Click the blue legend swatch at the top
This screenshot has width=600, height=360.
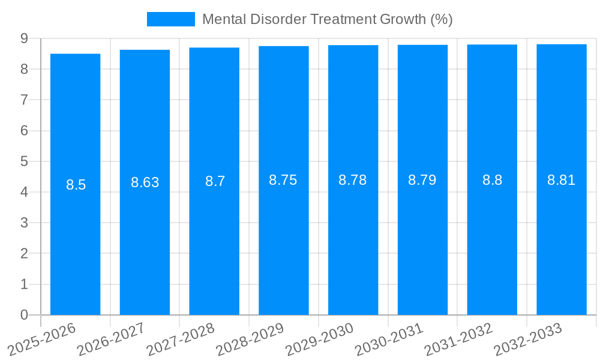click(171, 19)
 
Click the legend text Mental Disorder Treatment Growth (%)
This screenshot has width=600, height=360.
click(327, 19)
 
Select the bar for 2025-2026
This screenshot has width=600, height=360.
click(75, 240)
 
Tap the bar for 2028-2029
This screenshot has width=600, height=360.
click(284, 240)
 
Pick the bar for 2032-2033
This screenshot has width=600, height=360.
click(562, 240)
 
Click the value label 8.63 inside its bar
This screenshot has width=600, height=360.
click(145, 182)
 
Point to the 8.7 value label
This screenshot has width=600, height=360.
click(215, 181)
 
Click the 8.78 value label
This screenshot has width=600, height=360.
click(353, 180)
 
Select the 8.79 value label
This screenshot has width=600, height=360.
click(422, 180)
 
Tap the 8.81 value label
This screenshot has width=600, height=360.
click(562, 180)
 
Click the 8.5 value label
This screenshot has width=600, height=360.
click(76, 185)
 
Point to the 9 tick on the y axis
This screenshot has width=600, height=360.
click(24, 38)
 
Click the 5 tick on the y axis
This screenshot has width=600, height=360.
click(24, 161)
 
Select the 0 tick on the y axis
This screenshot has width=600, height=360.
click(24, 315)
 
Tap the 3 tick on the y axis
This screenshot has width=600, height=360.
click(24, 223)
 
